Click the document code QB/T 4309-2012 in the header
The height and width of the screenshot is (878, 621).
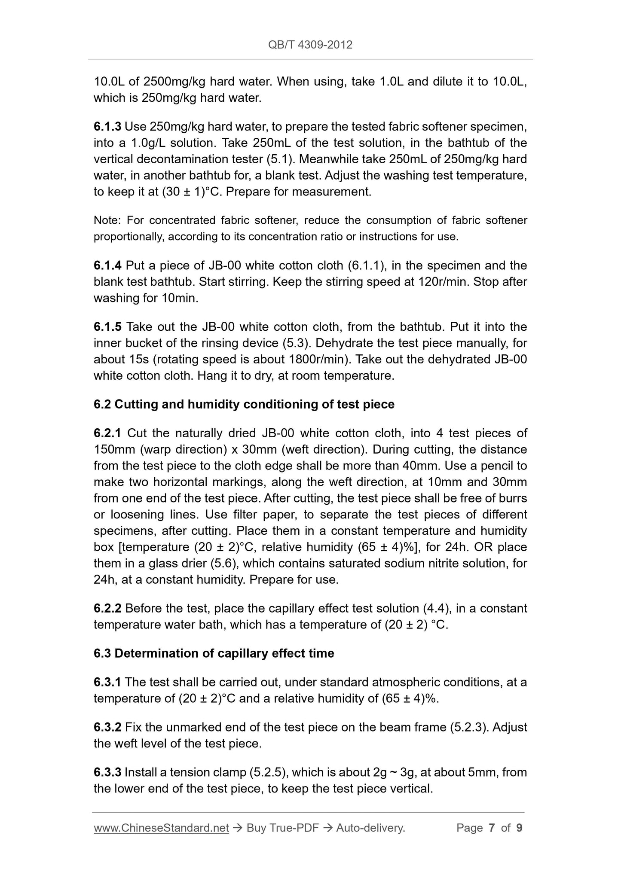[310, 45]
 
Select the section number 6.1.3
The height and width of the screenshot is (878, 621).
[107, 127]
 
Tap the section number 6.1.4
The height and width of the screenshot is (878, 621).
[108, 265]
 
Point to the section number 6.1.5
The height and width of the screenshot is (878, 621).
[108, 327]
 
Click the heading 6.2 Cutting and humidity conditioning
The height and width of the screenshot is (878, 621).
[244, 404]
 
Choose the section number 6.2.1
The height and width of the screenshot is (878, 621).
[108, 433]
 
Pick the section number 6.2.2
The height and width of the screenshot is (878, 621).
[108, 608]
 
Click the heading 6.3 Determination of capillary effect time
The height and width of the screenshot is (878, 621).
[214, 653]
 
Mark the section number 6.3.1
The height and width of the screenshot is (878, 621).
[108, 682]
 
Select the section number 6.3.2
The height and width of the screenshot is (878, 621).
[108, 727]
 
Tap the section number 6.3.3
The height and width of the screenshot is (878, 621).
[108, 772]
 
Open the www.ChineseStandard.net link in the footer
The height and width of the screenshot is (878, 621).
[161, 828]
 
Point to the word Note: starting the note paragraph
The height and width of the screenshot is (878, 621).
[107, 220]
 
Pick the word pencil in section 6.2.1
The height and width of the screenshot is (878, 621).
[484, 466]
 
